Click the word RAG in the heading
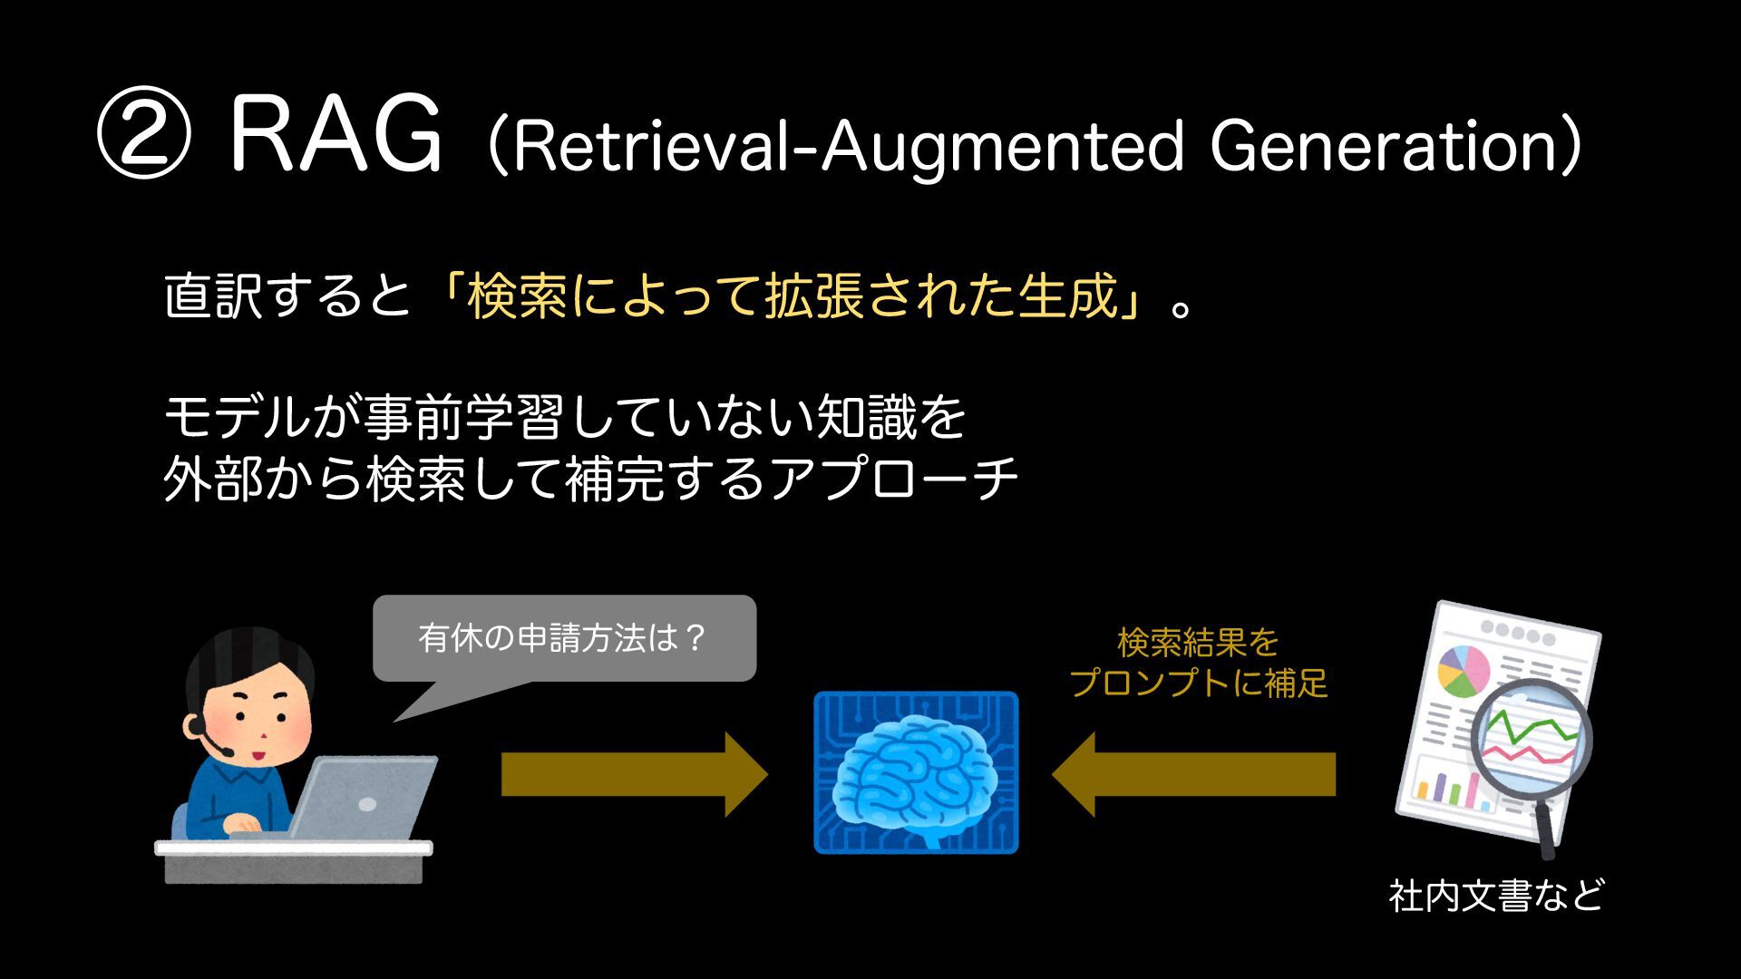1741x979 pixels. (x=336, y=138)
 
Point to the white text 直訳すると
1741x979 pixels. (x=287, y=297)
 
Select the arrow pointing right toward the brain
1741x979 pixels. (x=634, y=775)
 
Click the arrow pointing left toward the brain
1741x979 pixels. (x=1193, y=775)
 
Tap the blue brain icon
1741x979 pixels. (x=916, y=772)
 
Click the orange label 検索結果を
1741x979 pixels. (x=1198, y=643)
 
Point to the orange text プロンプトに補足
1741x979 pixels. (x=1198, y=683)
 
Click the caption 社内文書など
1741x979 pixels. (x=1496, y=896)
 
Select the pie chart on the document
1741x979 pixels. (x=1464, y=670)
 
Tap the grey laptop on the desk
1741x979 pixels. (x=363, y=798)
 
